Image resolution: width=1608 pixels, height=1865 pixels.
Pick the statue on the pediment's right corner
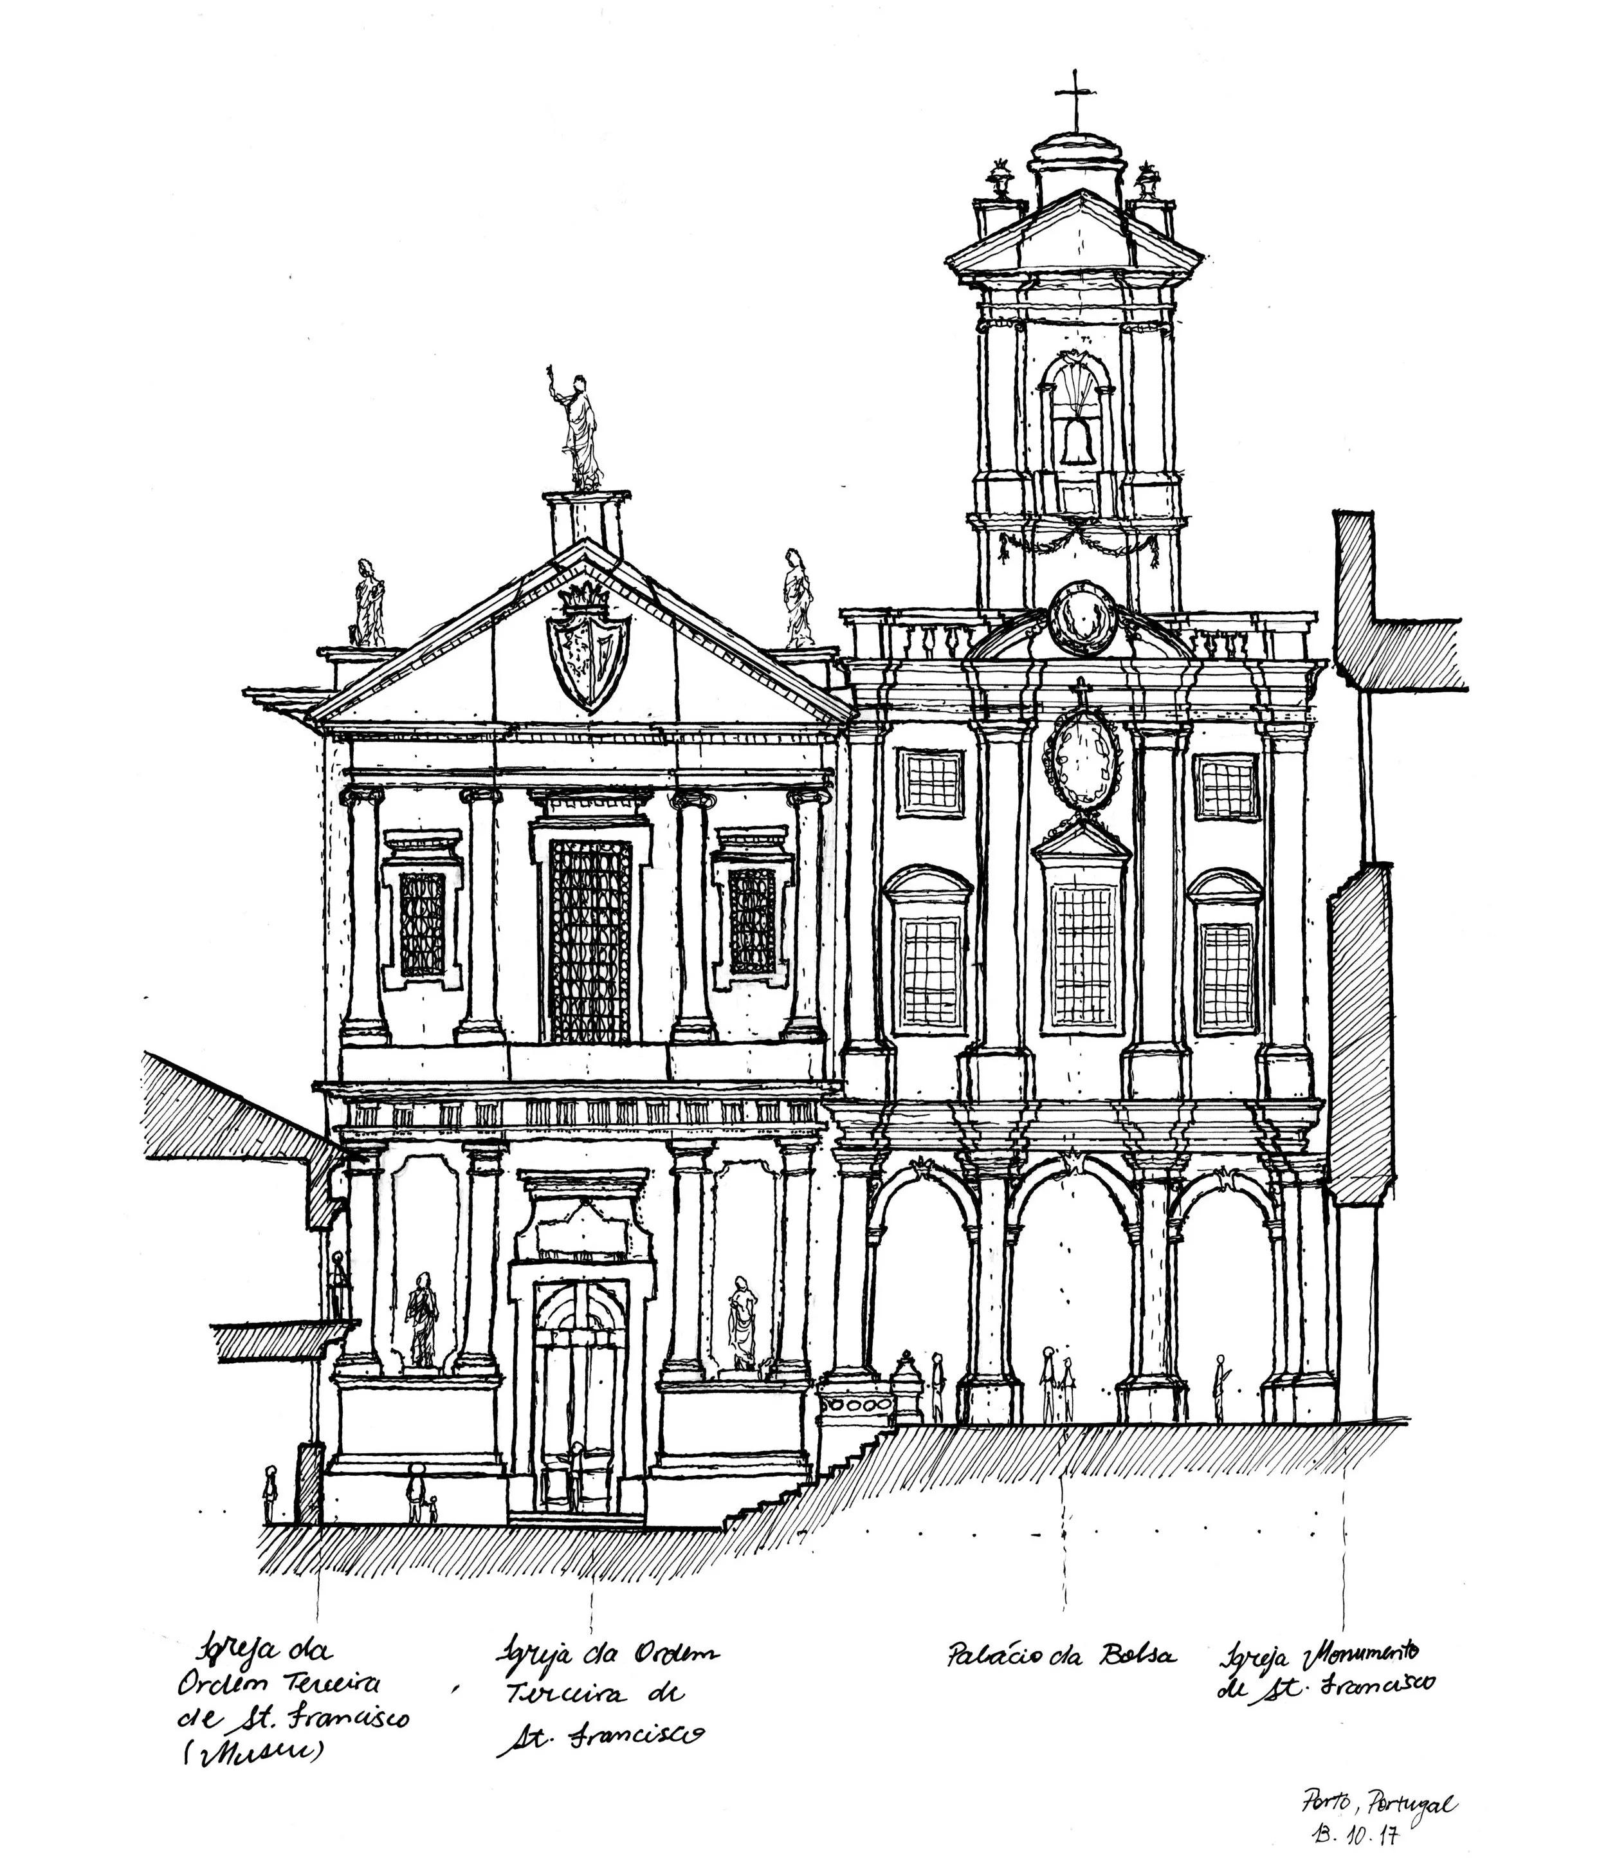[796, 598]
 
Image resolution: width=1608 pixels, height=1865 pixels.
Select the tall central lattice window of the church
[590, 940]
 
